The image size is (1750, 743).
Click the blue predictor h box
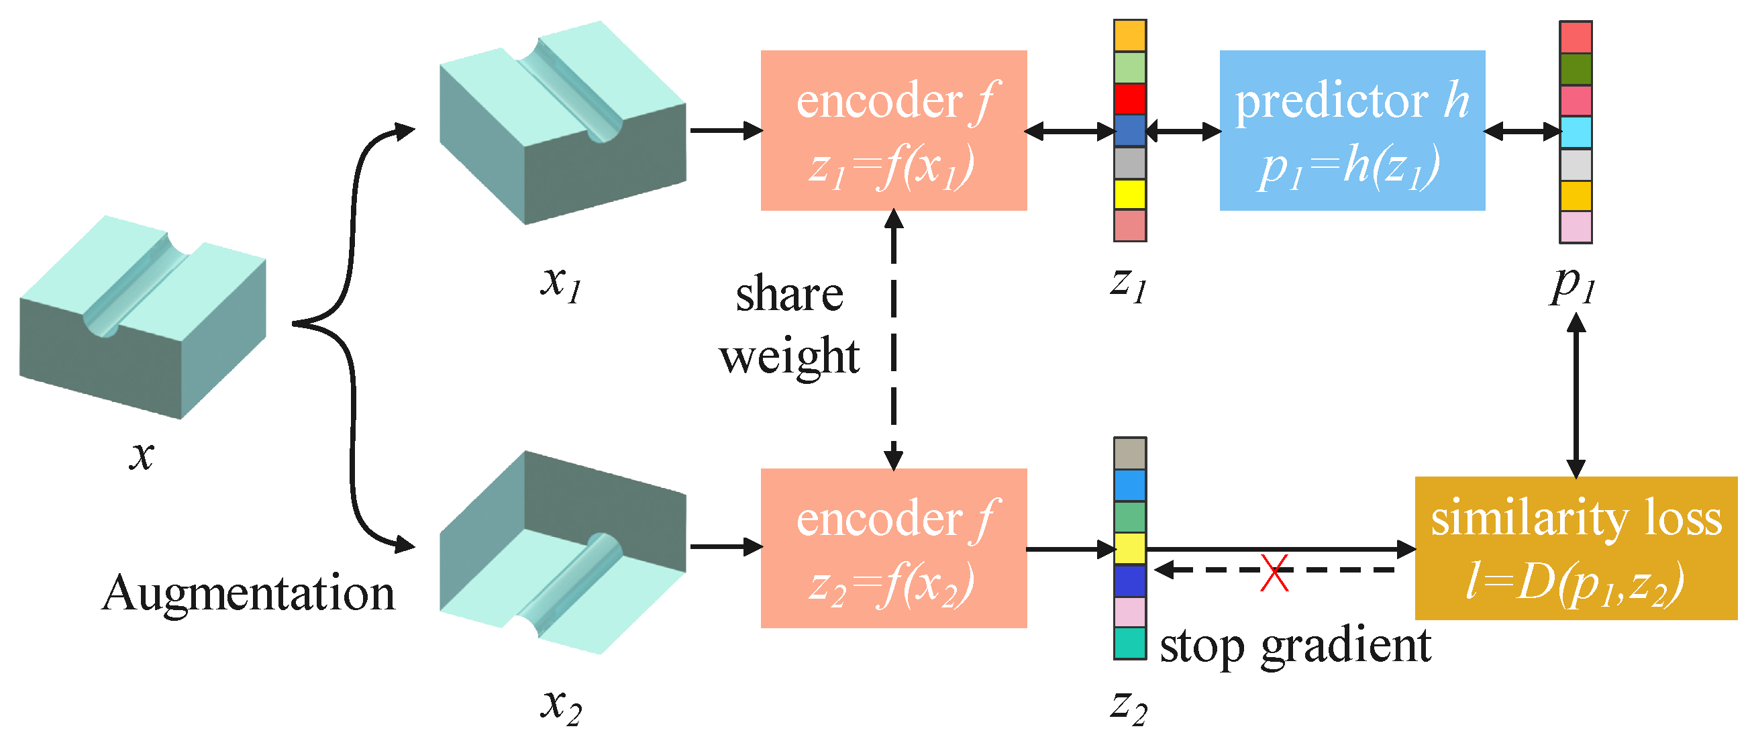1352,130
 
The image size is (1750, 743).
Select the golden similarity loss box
1576,548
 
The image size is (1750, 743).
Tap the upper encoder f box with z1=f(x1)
893,130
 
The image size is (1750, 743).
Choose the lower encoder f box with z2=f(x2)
893,548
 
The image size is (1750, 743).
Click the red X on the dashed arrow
1275,573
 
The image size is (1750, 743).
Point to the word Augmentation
248,593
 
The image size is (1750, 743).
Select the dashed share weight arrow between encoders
894,340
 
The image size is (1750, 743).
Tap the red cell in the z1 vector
1130,99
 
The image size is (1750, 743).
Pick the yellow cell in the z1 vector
1130,195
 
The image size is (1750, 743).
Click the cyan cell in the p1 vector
1575,132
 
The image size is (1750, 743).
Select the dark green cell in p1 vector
1575,68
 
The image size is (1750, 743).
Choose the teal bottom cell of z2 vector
1130,642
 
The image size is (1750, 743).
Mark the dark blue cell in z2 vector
1130,581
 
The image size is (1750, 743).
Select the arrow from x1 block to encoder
725,130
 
